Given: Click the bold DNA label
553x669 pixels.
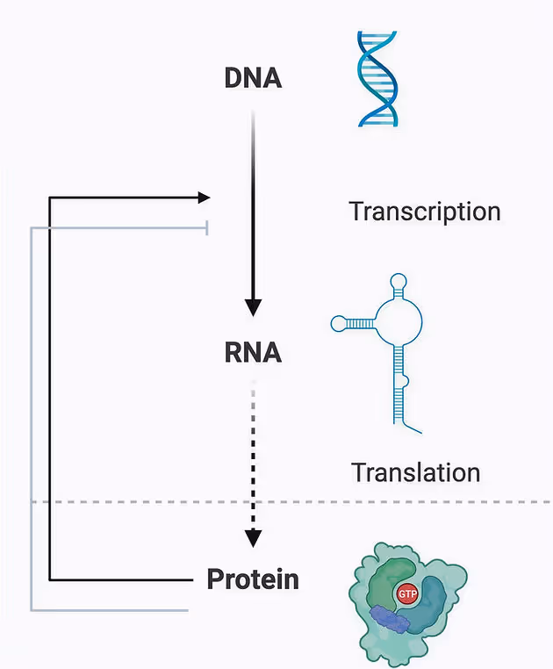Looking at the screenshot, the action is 253,78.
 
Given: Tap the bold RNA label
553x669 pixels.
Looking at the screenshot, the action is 253,352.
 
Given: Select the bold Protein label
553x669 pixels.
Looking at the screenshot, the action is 253,579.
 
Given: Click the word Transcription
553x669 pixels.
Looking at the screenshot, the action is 425,212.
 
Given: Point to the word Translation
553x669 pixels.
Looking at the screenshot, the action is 415,472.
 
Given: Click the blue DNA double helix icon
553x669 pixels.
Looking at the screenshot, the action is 377,79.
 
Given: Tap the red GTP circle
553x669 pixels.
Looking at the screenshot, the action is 407,593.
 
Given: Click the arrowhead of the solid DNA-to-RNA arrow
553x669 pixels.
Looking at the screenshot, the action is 253,307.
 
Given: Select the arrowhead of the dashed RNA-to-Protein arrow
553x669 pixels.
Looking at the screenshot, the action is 253,538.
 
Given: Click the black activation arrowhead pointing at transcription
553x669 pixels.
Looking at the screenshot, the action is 205,198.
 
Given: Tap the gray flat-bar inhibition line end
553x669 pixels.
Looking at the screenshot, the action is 207,228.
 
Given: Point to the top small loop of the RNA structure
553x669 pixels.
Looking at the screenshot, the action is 399,282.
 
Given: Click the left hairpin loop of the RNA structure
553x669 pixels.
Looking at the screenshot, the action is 339,323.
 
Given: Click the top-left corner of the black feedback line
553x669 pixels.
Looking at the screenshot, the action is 50,198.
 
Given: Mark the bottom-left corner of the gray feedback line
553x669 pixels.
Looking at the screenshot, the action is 31,610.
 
